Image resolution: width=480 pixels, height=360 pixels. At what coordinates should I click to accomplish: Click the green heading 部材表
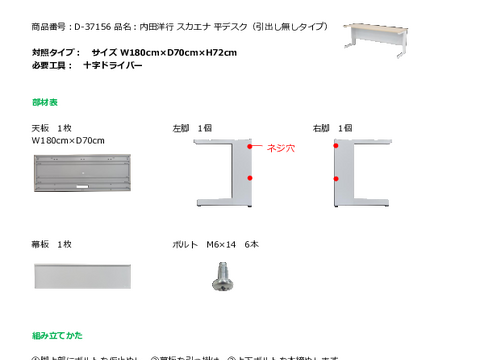[x=45, y=102]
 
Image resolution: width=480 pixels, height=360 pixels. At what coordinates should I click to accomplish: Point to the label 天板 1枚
[x=52, y=128]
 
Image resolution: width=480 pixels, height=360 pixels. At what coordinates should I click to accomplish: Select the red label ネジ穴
[x=280, y=147]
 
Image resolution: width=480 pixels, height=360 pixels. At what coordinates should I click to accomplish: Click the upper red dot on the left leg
[x=249, y=145]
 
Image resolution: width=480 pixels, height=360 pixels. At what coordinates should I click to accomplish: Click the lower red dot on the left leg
[x=249, y=178]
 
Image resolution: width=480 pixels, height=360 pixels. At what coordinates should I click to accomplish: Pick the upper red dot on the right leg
[x=336, y=145]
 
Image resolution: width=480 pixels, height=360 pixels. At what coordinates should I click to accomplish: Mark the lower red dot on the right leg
[x=336, y=178]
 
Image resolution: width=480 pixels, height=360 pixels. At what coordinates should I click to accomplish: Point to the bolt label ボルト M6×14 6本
[x=216, y=244]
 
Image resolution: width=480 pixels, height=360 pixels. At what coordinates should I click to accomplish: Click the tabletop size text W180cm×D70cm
[x=68, y=141]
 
